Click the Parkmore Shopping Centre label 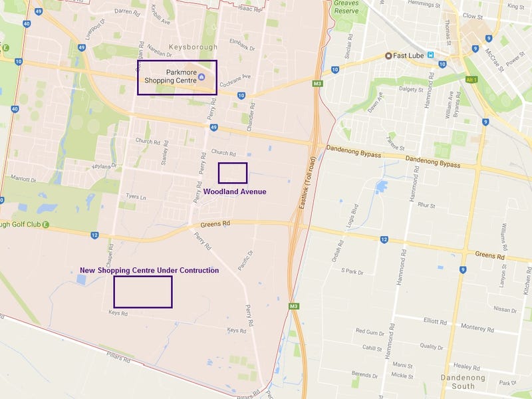click(x=172, y=76)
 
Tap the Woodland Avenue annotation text click(x=235, y=192)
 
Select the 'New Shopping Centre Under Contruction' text click(x=149, y=271)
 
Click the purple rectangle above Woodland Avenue click(x=233, y=173)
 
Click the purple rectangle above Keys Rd click(x=143, y=291)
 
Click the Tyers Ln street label click(x=135, y=197)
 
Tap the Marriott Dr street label click(x=23, y=179)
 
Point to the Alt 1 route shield click(x=473, y=79)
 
